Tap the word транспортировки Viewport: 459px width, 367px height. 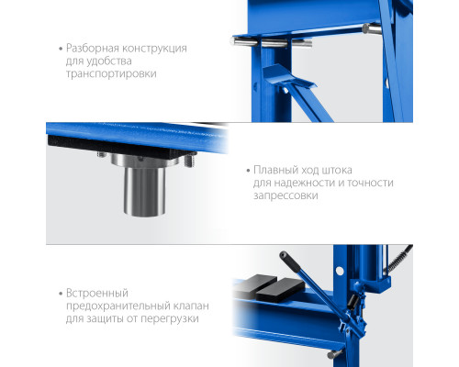pos(111,73)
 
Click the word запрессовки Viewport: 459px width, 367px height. pos(285,195)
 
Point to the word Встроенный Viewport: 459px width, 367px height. pos(97,294)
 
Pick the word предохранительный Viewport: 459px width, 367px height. pos(118,306)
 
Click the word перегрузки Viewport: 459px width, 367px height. pos(169,319)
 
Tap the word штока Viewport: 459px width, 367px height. pos(336,170)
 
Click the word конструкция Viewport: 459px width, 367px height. pos(154,49)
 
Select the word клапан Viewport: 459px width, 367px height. pos(191,306)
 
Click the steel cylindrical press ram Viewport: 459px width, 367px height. pos(144,191)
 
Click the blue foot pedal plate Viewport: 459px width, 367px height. pos(287,76)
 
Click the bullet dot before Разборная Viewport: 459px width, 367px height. pos(61,49)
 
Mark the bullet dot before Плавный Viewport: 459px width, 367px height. pos(248,171)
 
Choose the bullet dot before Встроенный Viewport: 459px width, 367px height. pos(61,294)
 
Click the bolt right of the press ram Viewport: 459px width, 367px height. pos(190,161)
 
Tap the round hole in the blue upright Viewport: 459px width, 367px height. pos(340,271)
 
